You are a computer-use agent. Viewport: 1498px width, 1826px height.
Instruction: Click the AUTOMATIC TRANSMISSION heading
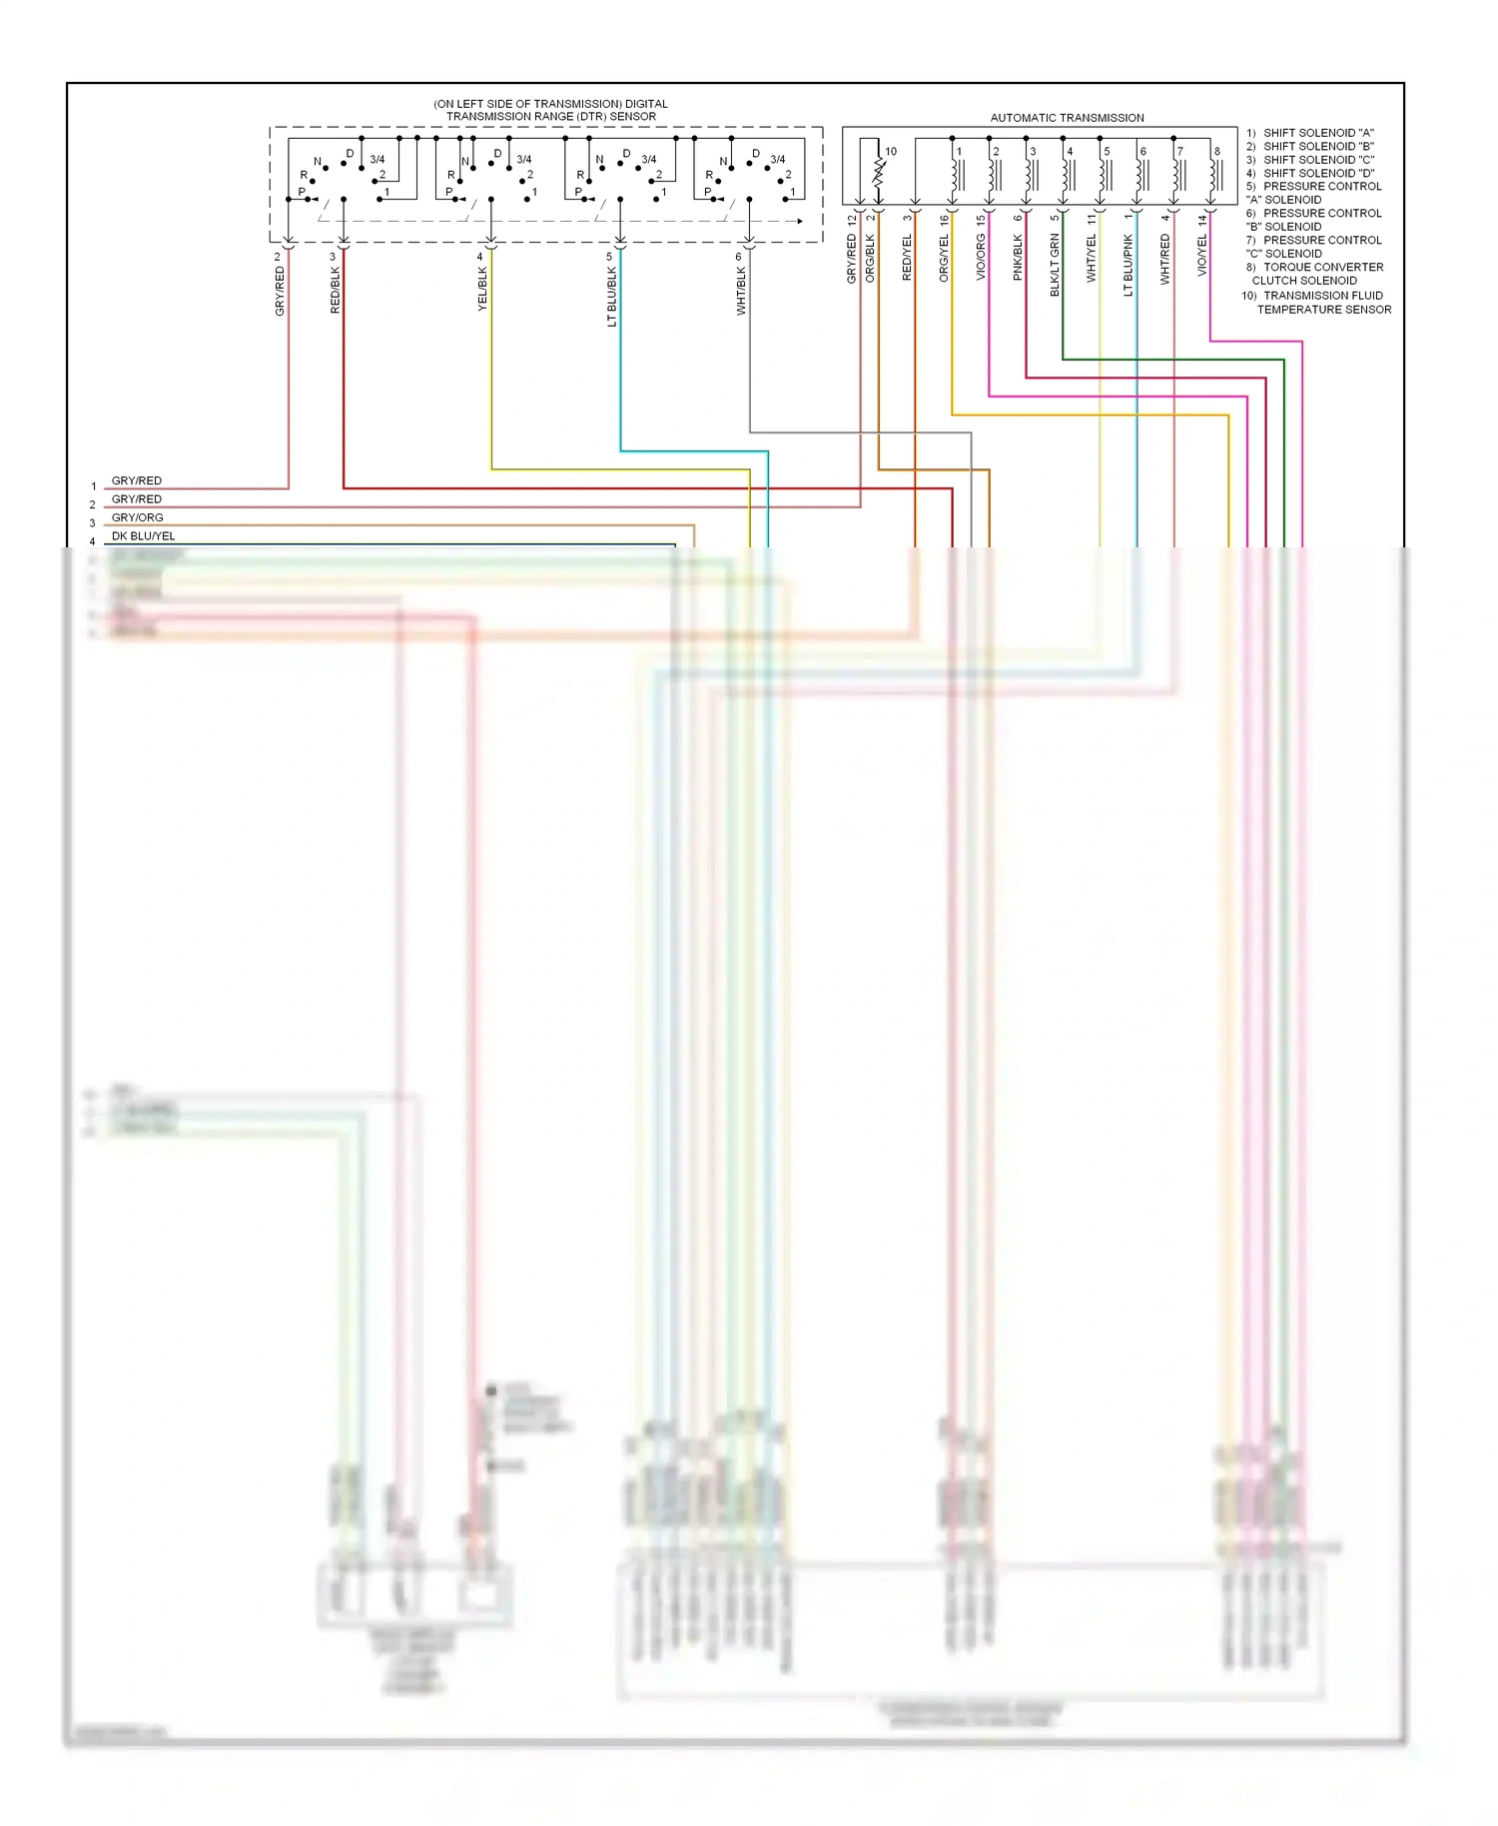coord(1067,118)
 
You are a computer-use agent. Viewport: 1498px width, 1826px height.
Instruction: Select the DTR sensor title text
coord(550,110)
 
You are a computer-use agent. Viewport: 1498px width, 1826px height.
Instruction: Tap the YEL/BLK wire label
coord(482,289)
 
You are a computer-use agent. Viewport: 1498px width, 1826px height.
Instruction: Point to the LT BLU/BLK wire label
coord(612,297)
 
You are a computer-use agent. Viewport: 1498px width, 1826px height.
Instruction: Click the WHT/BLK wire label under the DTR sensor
coord(741,292)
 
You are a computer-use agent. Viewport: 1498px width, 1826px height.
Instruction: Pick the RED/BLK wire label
coord(336,290)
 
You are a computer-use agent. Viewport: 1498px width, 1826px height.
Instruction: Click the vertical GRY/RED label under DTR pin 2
coord(280,291)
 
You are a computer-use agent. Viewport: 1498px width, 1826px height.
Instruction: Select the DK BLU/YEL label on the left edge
coord(143,536)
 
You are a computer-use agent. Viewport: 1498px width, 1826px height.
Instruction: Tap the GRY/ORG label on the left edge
coord(137,517)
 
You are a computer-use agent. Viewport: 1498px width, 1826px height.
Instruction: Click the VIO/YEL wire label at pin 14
coord(1202,257)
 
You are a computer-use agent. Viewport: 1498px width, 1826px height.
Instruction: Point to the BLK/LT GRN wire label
coord(1055,265)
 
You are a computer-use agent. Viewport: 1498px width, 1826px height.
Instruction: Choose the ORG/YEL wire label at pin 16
coord(944,259)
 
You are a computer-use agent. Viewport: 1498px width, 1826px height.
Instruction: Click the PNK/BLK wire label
coord(1018,258)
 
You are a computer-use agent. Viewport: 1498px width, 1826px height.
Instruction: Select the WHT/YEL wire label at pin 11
coord(1092,259)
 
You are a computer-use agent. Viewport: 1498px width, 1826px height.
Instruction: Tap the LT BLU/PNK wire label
coord(1128,266)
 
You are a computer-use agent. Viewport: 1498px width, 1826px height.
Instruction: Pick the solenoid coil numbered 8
coord(1214,175)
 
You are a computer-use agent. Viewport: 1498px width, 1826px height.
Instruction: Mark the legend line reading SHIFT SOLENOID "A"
coord(1317,133)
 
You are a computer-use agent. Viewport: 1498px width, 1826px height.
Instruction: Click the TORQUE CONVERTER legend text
coord(1322,268)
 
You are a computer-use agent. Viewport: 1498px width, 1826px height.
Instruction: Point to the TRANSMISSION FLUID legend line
coord(1322,296)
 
